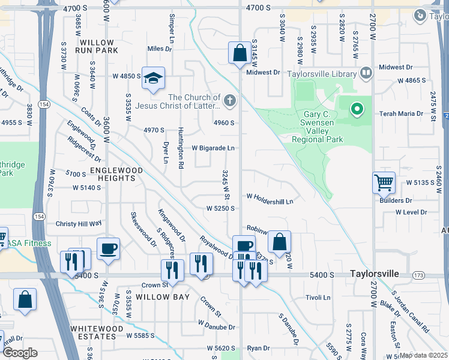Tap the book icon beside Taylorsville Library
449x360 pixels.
366,74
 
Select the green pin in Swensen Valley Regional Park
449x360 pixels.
357,109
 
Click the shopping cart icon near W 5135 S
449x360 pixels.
384,181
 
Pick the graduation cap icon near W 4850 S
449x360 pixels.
153,78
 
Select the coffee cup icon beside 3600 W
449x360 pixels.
108,248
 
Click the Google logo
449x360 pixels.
20,353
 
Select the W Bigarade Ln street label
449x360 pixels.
212,148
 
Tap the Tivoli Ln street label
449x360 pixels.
318,297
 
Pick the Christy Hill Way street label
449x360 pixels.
78,223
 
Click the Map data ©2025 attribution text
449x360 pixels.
423,355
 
